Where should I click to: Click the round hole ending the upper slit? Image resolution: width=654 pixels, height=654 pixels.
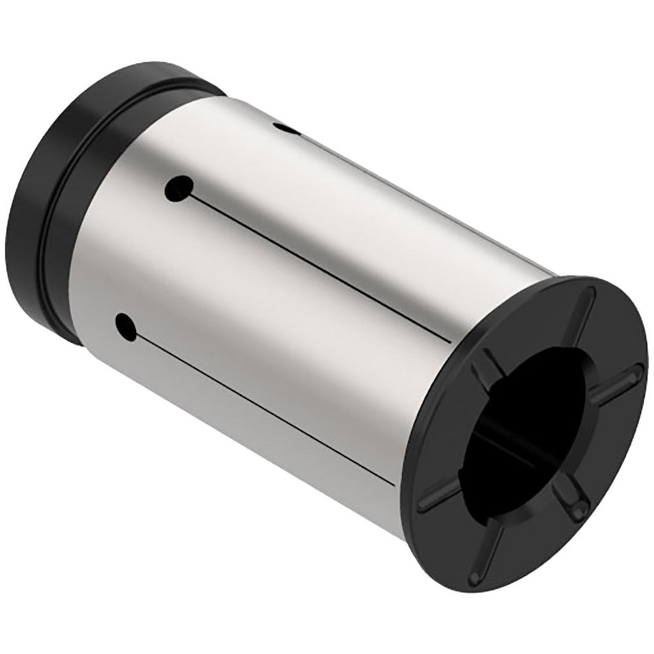(x=178, y=190)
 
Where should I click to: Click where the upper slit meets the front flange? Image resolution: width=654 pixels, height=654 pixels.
(x=450, y=341)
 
